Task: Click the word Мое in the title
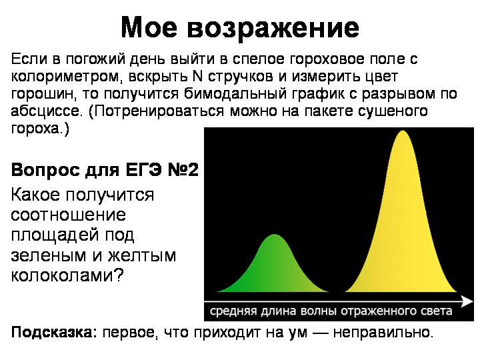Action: pyautogui.click(x=149, y=27)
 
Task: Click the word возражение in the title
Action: pyautogui.click(x=273, y=30)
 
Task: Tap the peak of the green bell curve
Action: pyautogui.click(x=275, y=235)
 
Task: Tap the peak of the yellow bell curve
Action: pyautogui.click(x=403, y=131)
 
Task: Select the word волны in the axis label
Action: pyautogui.click(x=319, y=311)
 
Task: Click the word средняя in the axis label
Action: pyautogui.click(x=233, y=311)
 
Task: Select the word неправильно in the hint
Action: pyautogui.click(x=383, y=332)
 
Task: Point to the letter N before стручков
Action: pyautogui.click(x=198, y=76)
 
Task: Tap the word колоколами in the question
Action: pyautogui.click(x=67, y=275)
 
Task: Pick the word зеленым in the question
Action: pyautogui.click(x=49, y=256)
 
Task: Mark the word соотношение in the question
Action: pyautogui.click(x=68, y=215)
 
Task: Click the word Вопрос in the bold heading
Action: pyautogui.click(x=45, y=170)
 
